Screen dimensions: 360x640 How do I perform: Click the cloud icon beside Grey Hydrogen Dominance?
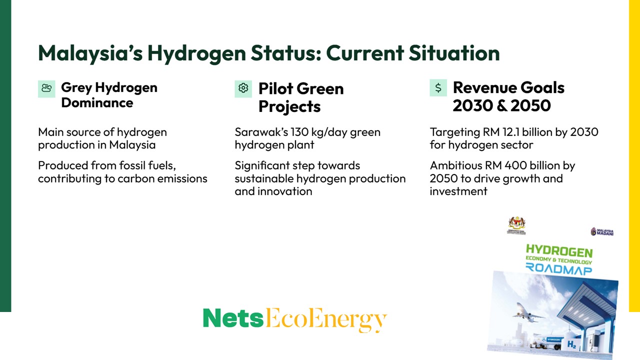point(46,88)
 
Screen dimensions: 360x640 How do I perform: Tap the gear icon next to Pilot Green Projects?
point(243,88)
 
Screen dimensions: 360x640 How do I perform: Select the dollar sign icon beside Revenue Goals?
point(438,88)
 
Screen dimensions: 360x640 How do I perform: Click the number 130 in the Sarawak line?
point(299,132)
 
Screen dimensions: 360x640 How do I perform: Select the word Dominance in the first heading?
point(97,103)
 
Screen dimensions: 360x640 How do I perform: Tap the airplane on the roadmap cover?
point(527,315)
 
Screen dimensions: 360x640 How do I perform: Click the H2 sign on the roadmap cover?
point(571,344)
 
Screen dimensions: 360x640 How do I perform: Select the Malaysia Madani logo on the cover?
point(602,231)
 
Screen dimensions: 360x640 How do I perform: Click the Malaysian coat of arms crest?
point(517,224)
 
